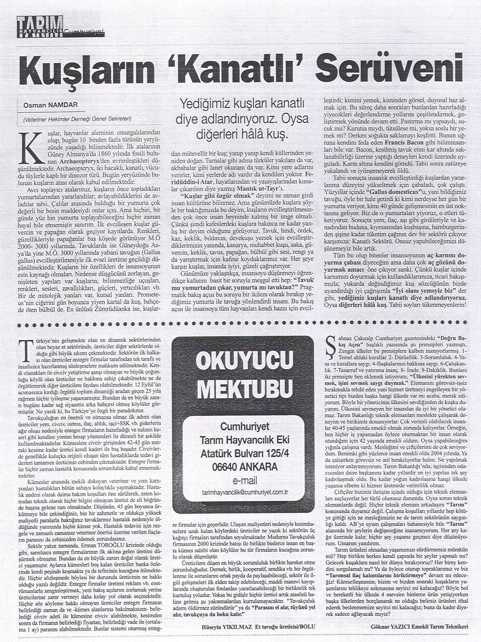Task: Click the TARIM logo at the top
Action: (x=40, y=27)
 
